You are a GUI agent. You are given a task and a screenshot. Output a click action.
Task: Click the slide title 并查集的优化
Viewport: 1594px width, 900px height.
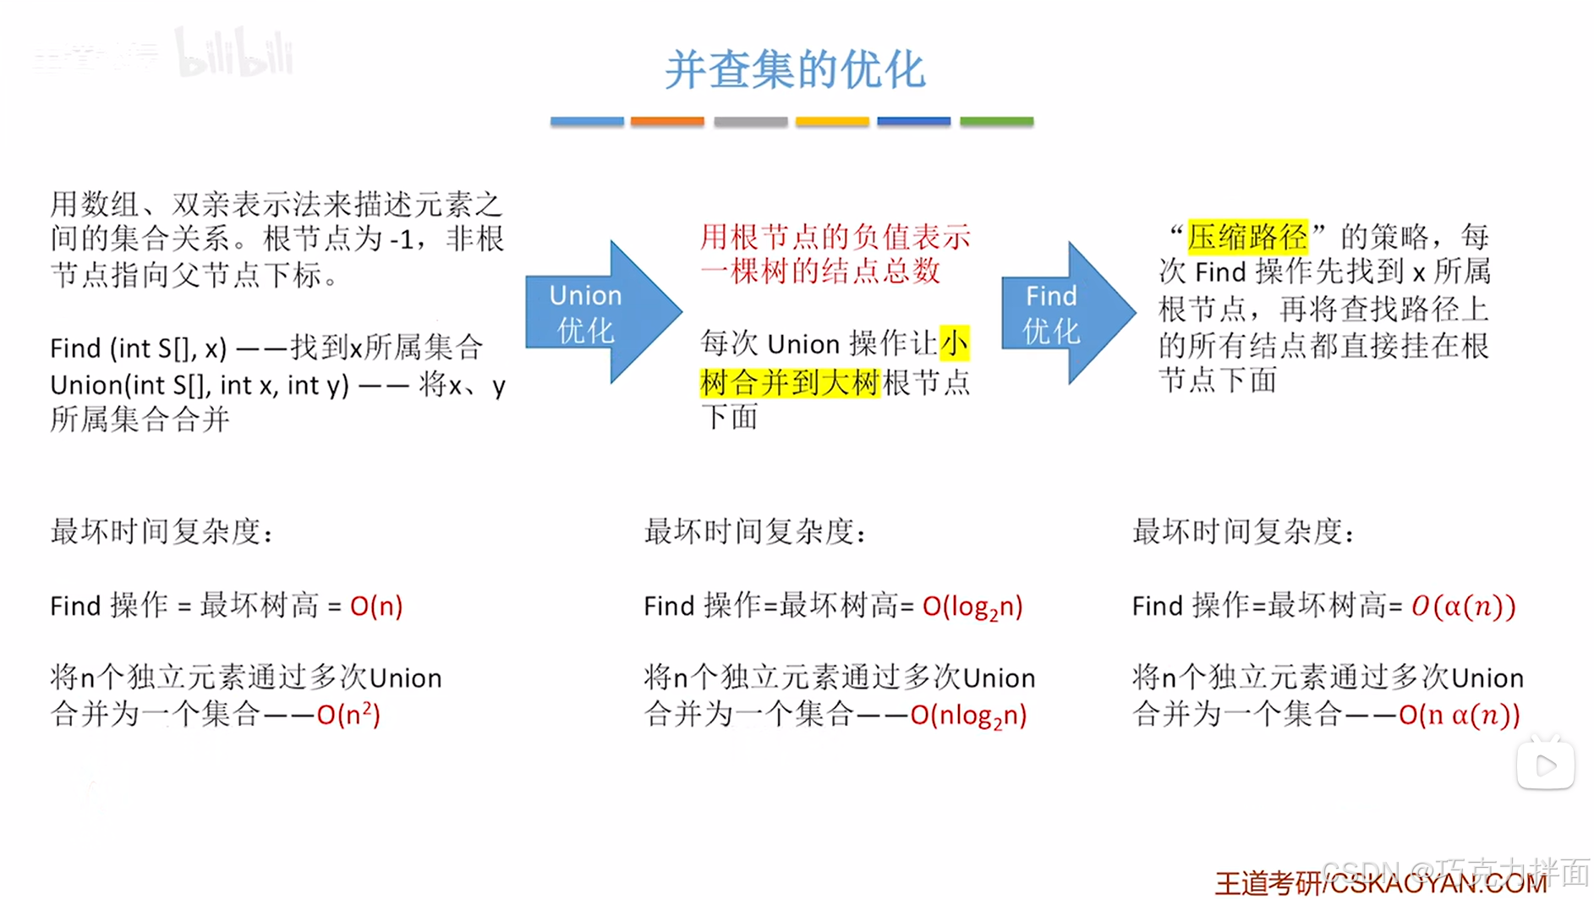click(794, 69)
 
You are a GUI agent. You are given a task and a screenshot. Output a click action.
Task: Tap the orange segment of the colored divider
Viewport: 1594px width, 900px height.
click(667, 122)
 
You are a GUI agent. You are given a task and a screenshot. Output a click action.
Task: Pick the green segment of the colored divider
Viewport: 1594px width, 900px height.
click(996, 122)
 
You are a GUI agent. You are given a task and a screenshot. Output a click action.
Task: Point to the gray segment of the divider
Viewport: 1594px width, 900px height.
click(750, 122)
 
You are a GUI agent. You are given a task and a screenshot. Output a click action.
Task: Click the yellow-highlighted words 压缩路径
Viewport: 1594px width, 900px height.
click(1247, 237)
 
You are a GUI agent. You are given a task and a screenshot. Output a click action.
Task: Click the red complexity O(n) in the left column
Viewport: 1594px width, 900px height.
click(376, 606)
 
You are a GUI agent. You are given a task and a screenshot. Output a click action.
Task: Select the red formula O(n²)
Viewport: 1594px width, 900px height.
click(348, 715)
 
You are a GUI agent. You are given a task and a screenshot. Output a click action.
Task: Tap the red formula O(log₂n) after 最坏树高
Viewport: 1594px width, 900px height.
click(972, 606)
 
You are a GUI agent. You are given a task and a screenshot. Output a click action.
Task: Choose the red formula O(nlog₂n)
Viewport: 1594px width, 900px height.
click(968, 716)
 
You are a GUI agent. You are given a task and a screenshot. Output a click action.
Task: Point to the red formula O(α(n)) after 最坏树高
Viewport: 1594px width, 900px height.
click(1463, 606)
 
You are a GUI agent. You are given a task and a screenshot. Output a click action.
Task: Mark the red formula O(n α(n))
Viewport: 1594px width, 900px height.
click(1459, 715)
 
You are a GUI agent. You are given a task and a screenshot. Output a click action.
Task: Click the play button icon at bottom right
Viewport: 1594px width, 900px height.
click(1545, 766)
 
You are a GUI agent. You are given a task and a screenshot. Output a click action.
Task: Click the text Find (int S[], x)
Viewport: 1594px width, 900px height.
click(139, 348)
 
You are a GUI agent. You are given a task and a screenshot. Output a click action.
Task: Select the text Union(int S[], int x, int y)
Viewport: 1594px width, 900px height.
click(200, 386)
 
